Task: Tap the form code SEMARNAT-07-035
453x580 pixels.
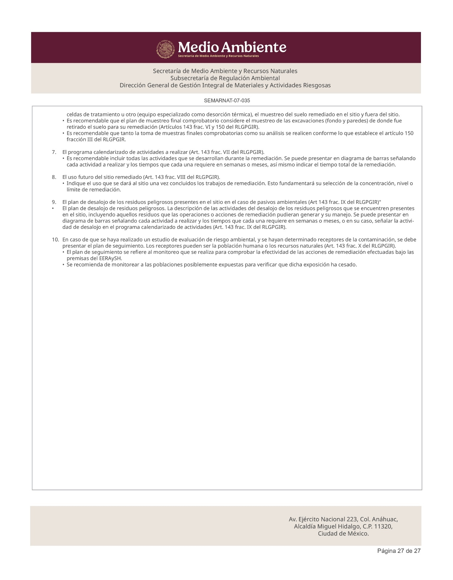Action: pyautogui.click(x=227, y=101)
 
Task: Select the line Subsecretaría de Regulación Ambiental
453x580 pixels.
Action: pyautogui.click(x=225, y=78)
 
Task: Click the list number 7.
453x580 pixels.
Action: pyautogui.click(x=54, y=152)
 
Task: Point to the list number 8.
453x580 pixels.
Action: pyautogui.click(x=54, y=177)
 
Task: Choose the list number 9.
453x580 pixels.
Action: pyautogui.click(x=54, y=202)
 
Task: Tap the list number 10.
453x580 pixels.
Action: pyautogui.click(x=55, y=240)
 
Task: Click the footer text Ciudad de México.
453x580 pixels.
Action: pyautogui.click(x=343, y=533)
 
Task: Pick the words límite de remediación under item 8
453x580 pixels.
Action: pyautogui.click(x=91, y=190)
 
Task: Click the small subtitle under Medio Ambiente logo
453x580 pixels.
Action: pyautogui.click(x=218, y=56)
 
